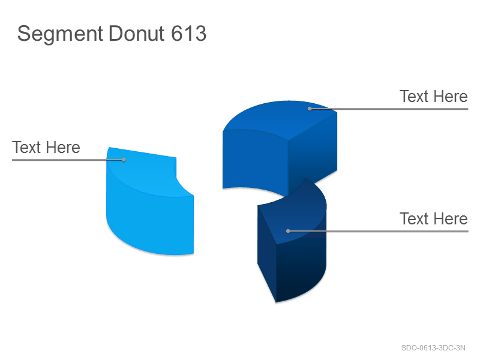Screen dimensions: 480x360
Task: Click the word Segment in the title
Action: [61, 34]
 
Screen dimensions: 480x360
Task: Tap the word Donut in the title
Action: [137, 33]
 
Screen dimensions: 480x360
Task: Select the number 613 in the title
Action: [188, 33]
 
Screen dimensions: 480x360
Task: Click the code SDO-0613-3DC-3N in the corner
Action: [433, 348]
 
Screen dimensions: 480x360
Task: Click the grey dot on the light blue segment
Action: [124, 160]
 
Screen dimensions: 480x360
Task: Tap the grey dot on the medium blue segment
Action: [310, 109]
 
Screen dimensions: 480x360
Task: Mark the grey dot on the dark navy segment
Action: [288, 231]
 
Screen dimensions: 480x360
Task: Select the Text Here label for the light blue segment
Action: [46, 147]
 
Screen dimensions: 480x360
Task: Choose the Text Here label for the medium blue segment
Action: [433, 97]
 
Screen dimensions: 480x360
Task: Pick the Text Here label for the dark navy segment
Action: [433, 218]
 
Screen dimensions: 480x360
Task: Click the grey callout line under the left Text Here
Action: [68, 160]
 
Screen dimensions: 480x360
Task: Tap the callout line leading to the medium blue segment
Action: [389, 109]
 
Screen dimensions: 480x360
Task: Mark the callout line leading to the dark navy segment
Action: [378, 231]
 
